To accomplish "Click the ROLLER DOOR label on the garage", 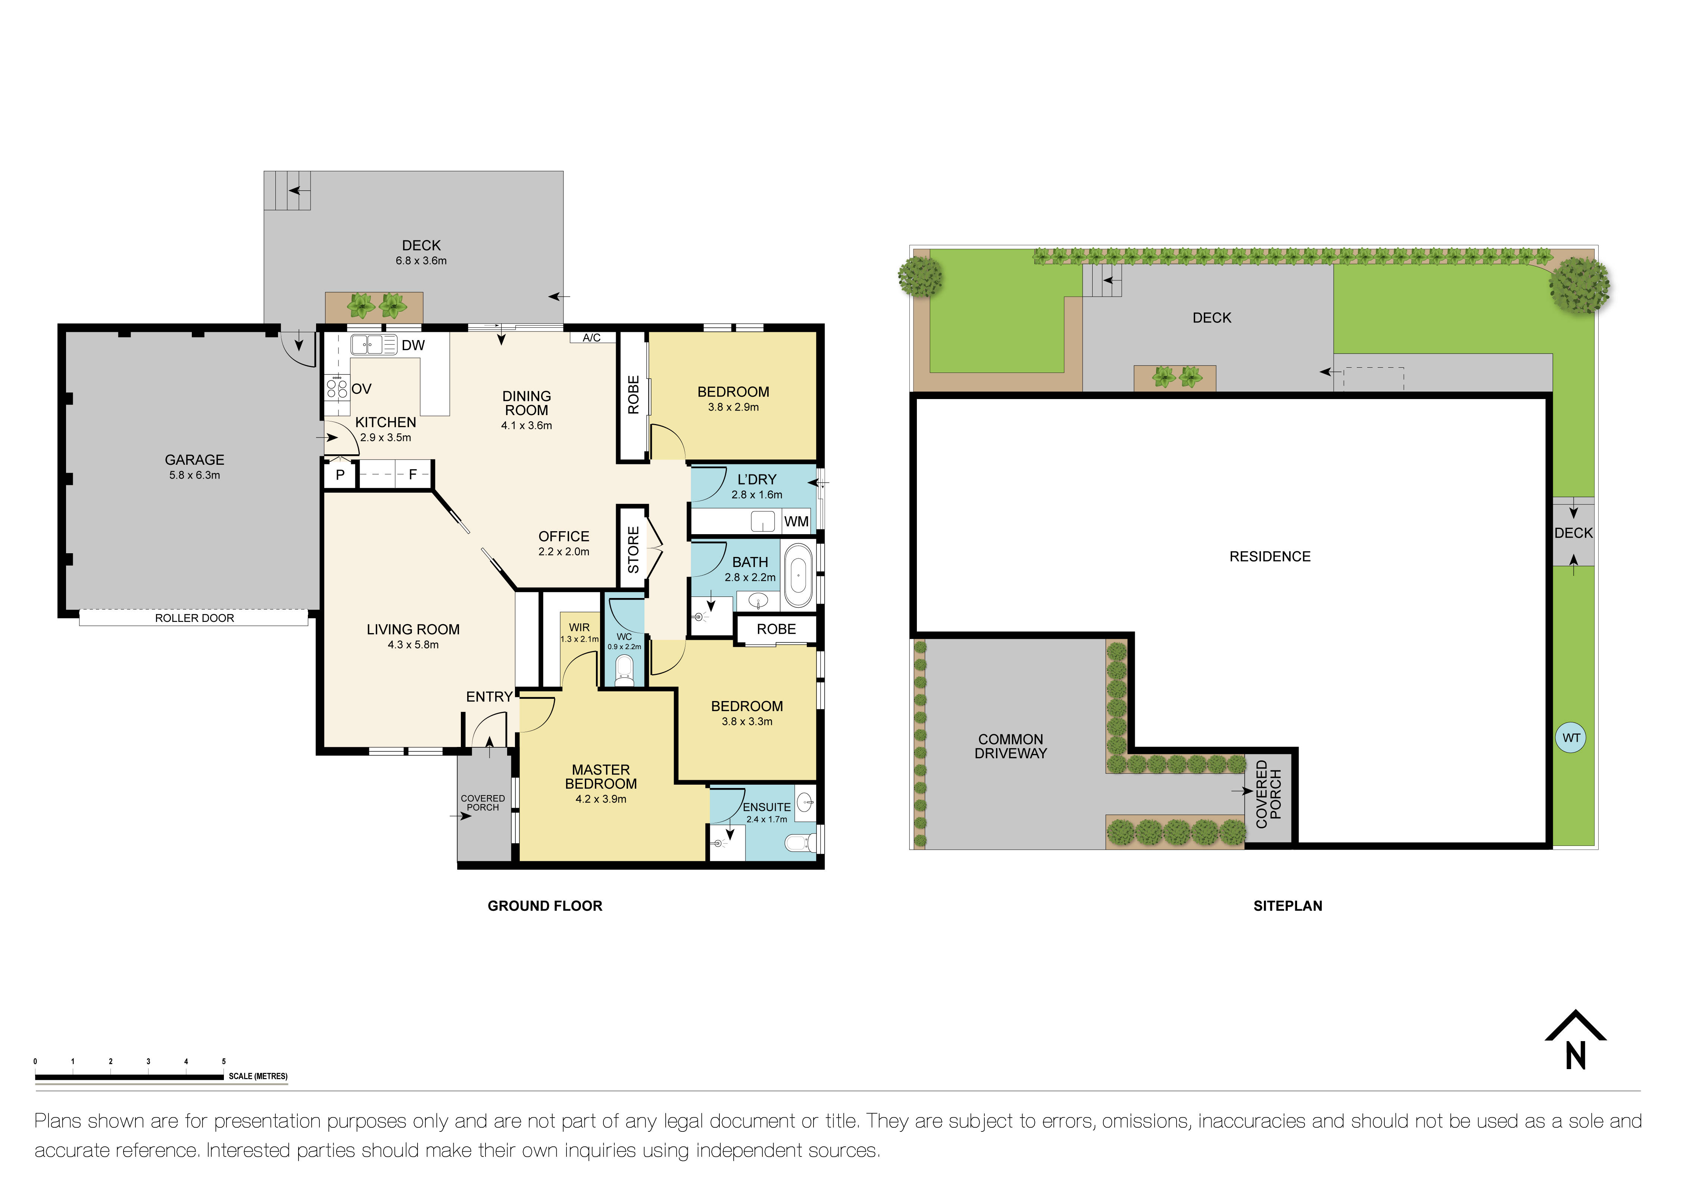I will coord(194,618).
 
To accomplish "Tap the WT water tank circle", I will coord(1571,738).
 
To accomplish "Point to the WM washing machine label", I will coord(796,522).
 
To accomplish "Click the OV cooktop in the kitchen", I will coord(337,389).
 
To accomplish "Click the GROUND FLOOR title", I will coord(544,906).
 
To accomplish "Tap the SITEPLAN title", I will coord(1287,906).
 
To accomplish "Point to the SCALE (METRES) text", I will coord(257,1076).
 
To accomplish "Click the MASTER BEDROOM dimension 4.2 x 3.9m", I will coord(601,799).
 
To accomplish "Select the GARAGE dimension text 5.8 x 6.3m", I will coord(195,475).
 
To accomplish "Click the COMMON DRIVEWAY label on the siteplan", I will coord(1011,746).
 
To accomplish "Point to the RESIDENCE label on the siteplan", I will coord(1270,557).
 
